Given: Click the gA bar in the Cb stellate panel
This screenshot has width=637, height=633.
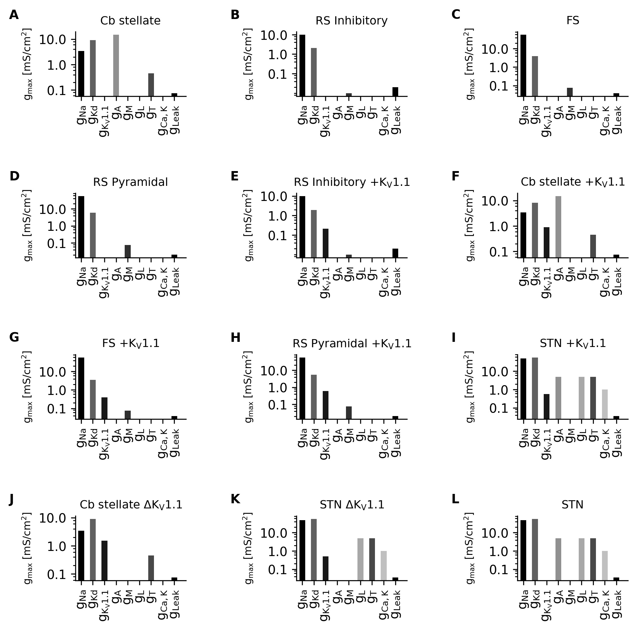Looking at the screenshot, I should (116, 65).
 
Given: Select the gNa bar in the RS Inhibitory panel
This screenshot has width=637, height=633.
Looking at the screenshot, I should (302, 65).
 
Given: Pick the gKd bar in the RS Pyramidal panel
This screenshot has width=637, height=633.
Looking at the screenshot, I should (93, 235).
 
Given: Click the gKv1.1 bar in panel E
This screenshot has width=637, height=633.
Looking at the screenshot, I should (326, 243).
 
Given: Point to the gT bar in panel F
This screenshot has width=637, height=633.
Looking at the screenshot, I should (594, 246).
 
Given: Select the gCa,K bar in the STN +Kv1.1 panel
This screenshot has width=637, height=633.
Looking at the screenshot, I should (605, 404).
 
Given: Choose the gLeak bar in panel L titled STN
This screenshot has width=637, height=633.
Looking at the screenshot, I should (616, 579).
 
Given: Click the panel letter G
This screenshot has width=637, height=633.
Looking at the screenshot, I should (14, 337).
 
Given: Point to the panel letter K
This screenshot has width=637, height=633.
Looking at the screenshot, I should (235, 499).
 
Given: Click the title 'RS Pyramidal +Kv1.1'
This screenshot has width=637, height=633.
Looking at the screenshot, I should (352, 344).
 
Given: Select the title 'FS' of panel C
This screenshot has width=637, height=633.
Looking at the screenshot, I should (573, 21).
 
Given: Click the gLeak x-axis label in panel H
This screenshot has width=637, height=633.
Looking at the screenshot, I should (396, 443).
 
